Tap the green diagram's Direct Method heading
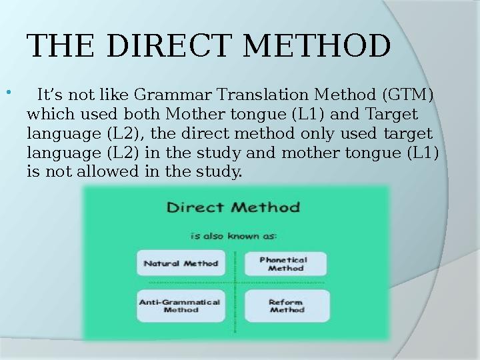click(x=233, y=207)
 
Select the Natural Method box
click(x=181, y=263)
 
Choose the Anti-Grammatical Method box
click(x=180, y=305)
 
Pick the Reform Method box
click(x=287, y=305)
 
